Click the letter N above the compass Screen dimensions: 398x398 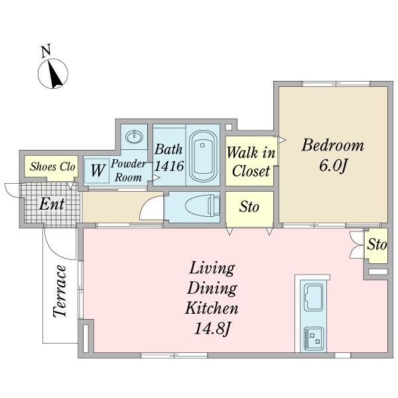tap(46, 50)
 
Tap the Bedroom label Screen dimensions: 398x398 tap(333, 145)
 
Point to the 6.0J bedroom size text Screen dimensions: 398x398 tap(333, 166)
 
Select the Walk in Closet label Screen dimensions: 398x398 tap(251, 162)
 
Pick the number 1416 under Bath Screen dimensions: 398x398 tap(169, 166)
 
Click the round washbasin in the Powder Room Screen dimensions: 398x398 tap(134, 137)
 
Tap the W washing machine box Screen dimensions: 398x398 tap(98, 170)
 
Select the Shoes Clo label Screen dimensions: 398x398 tap(52, 166)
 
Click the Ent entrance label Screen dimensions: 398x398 tap(52, 204)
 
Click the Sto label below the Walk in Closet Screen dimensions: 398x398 tap(249, 207)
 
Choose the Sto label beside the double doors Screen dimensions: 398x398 tap(377, 244)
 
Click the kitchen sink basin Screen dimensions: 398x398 tap(314, 297)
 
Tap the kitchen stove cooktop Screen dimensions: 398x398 tap(314, 338)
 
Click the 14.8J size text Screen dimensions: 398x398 tap(212, 329)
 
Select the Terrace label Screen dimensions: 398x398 tap(60, 291)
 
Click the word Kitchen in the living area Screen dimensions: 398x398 tap(212, 308)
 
